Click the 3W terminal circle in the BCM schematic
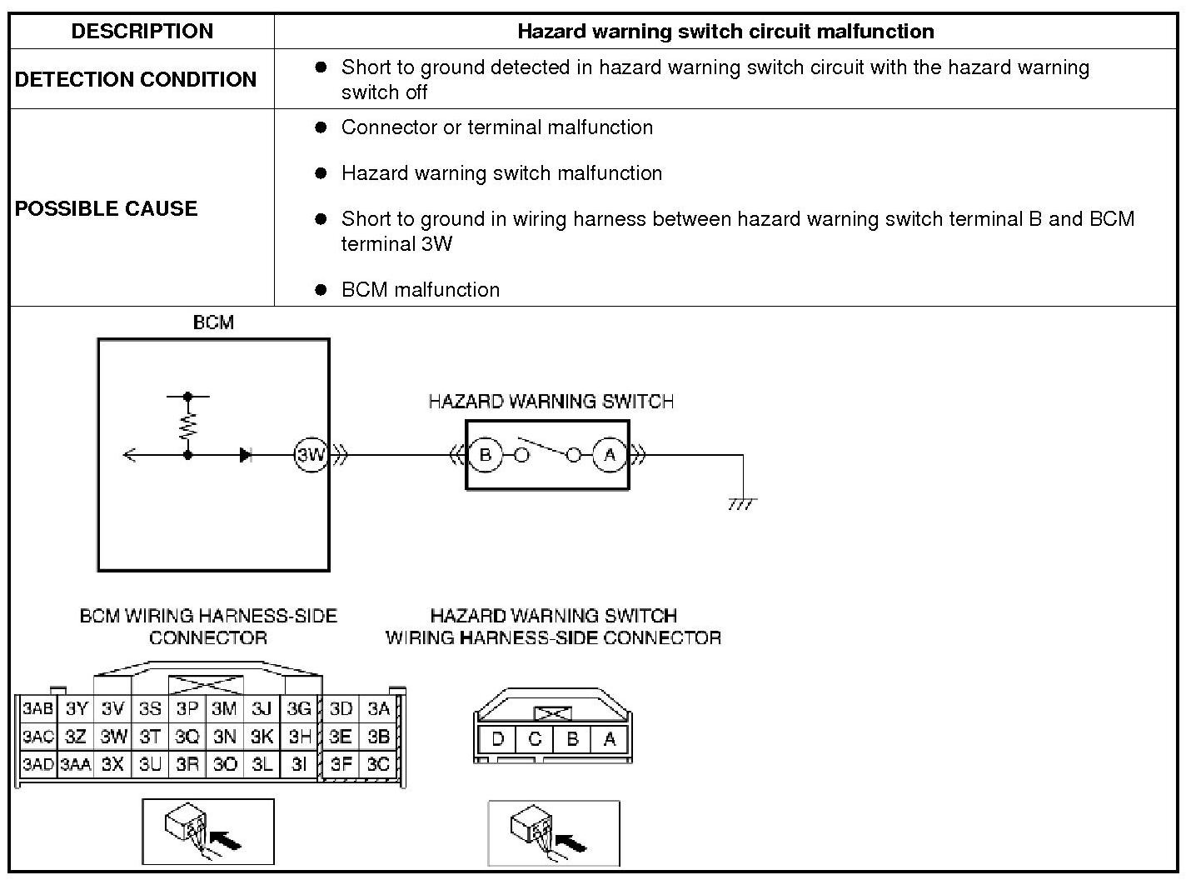(x=311, y=455)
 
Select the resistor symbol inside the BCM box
(x=188, y=425)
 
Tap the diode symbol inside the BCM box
(x=246, y=455)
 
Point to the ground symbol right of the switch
(x=741, y=504)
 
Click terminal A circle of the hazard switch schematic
(x=610, y=455)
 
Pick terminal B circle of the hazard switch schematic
(x=486, y=455)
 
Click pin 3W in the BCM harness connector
(x=113, y=737)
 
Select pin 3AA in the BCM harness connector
(x=76, y=764)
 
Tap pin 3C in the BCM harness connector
(x=378, y=764)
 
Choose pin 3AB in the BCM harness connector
(x=37, y=709)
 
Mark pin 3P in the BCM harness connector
(x=187, y=709)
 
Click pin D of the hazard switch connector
(x=498, y=739)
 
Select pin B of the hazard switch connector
(x=572, y=739)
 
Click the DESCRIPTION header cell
(x=142, y=32)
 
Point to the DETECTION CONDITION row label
(x=136, y=79)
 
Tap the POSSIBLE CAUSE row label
(x=107, y=208)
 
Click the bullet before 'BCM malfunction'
(x=321, y=290)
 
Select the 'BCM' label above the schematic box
(x=213, y=322)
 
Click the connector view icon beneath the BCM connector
(x=208, y=832)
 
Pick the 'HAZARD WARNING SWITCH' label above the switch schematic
(x=551, y=402)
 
